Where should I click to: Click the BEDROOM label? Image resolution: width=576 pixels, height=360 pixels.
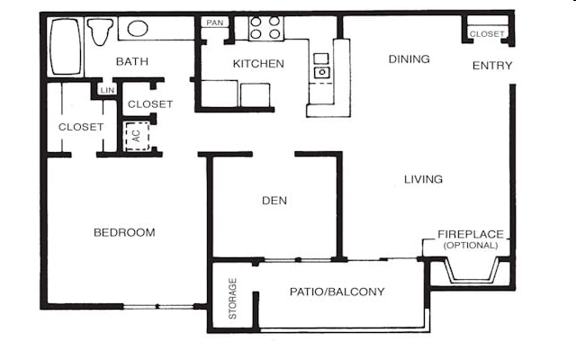pos(124,232)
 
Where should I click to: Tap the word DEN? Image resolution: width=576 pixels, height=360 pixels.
pos(274,200)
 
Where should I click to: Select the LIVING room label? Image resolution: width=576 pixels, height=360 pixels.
pos(423,179)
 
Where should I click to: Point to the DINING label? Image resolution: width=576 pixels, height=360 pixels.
pos(409,58)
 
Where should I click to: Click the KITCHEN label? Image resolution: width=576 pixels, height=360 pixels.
pos(258,64)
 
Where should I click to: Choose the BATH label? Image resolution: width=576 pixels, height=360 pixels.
pos(132,61)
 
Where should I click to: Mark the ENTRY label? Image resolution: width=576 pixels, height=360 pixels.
pos(492,65)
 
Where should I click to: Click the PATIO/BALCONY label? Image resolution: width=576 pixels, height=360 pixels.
pos(337,292)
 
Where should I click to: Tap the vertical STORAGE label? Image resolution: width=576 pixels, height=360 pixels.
pos(233,299)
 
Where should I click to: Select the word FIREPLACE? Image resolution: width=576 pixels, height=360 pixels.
pos(471,234)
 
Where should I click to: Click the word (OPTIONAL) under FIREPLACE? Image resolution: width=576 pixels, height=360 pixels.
pos(471,245)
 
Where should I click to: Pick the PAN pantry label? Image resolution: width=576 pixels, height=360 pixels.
pos(214,22)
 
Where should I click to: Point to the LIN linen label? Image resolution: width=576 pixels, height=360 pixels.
pos(108,90)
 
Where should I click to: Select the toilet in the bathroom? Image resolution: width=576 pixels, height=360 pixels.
pos(101,31)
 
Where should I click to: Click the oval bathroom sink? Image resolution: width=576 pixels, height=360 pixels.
pos(138,28)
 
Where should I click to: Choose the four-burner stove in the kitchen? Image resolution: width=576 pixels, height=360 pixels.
pos(266,28)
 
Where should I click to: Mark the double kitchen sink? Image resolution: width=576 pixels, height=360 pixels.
pos(321,65)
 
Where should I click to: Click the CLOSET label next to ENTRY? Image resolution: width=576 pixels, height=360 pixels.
pos(487,34)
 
